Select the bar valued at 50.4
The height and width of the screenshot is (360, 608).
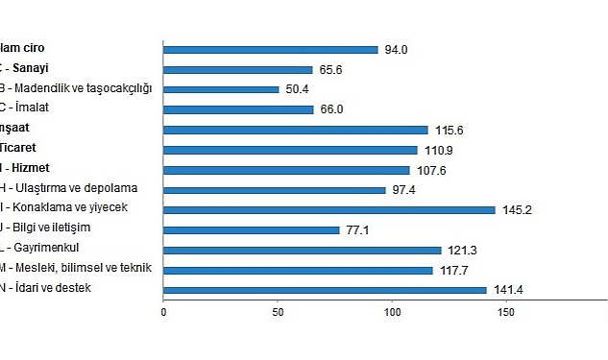click(221, 89)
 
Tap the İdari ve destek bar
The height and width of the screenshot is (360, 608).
click(325, 290)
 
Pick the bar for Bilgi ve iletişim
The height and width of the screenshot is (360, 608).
click(252, 229)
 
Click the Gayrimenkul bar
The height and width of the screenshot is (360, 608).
click(303, 250)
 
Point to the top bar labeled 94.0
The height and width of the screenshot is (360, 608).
click(271, 49)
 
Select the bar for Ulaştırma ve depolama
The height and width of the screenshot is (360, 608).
click(275, 189)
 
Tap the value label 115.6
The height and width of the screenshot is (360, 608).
click(449, 130)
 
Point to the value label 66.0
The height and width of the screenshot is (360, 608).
click(331, 109)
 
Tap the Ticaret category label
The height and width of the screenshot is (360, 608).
click(19, 148)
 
